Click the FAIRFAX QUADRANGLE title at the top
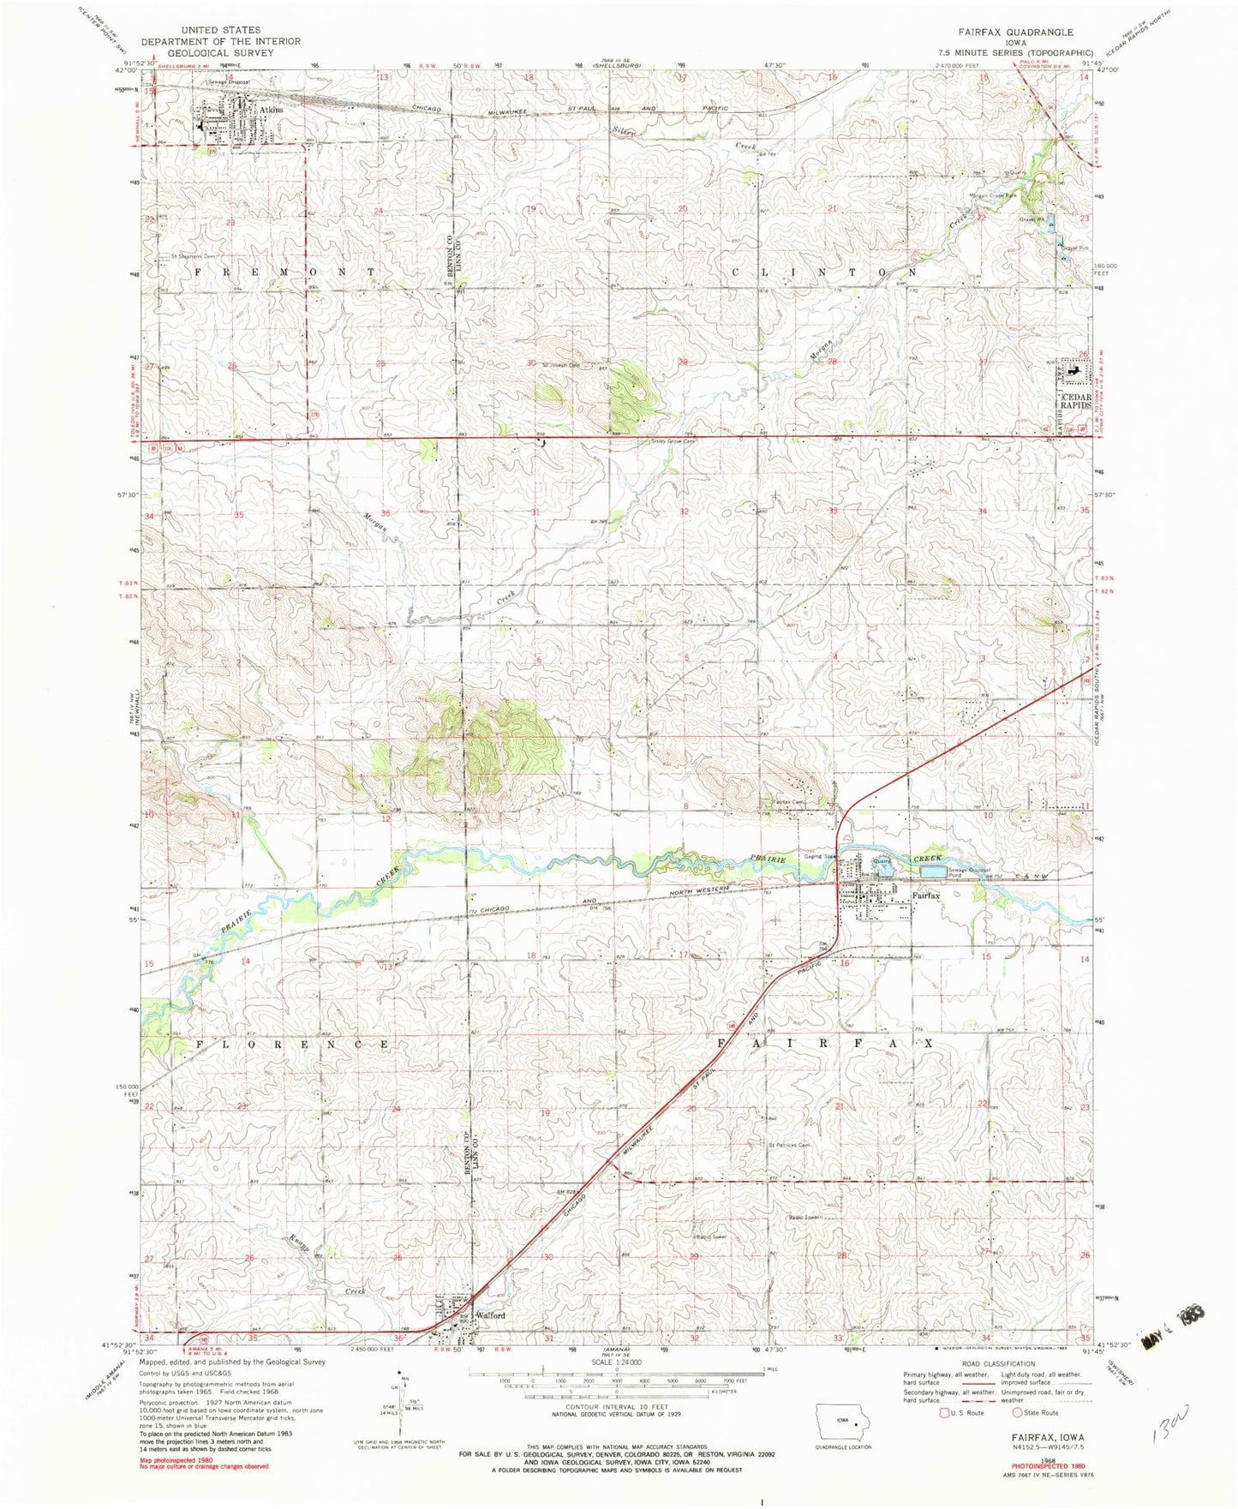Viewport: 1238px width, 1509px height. click(x=1019, y=33)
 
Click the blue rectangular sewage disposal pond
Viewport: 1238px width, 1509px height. click(x=933, y=871)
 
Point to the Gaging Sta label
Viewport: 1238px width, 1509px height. click(x=819, y=856)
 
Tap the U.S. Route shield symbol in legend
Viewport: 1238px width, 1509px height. click(x=942, y=1412)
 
